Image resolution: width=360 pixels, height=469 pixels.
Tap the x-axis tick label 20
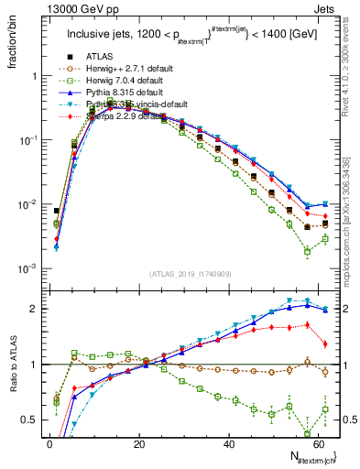(x=138, y=443)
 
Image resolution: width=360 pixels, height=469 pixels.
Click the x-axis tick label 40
(x=228, y=443)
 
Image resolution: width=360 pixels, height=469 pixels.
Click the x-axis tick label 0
(x=49, y=443)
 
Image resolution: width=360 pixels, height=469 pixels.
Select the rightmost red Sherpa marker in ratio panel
(x=326, y=344)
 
